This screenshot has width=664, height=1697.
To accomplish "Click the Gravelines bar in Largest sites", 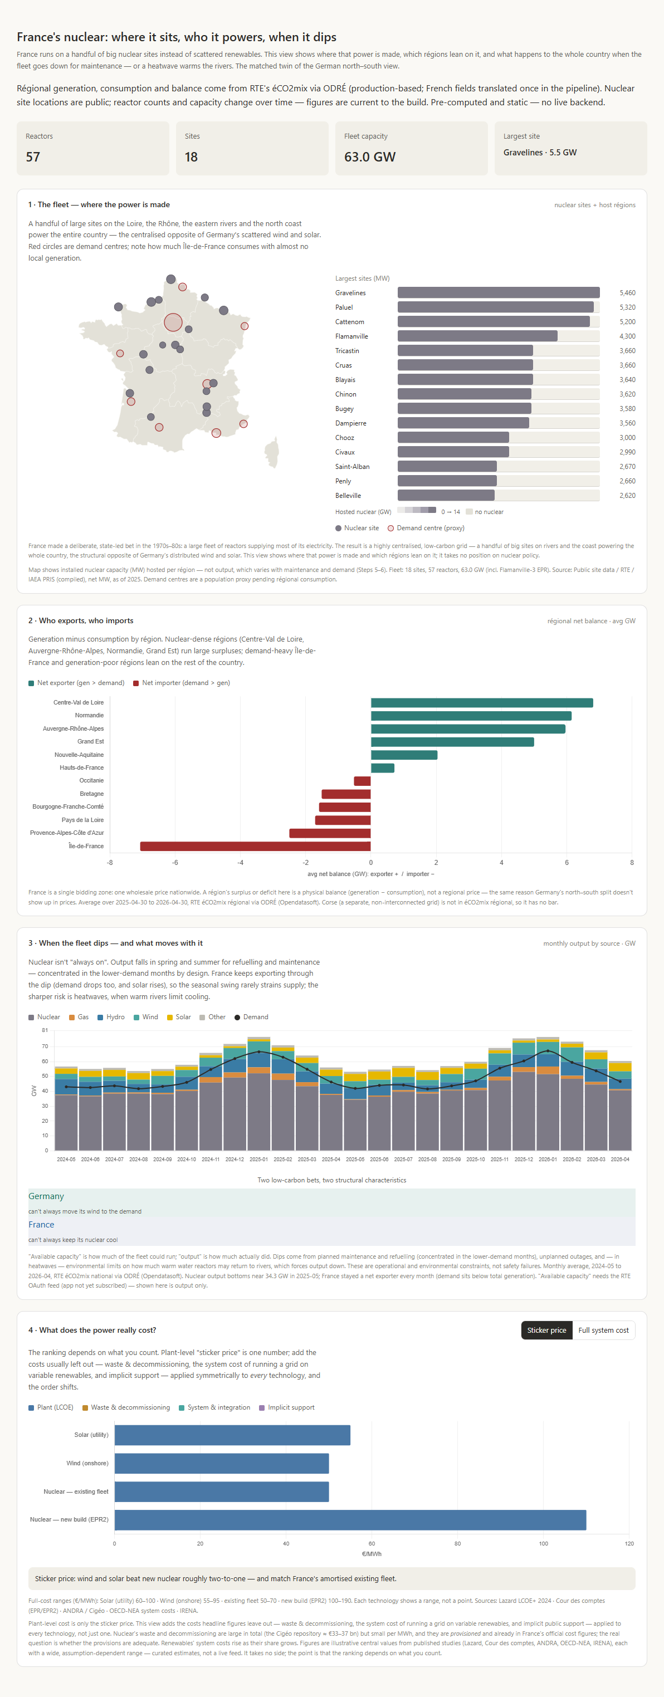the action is [498, 292].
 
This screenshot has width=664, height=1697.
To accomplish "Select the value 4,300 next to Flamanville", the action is [627, 336].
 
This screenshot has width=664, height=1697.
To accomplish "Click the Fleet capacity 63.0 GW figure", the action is [369, 157].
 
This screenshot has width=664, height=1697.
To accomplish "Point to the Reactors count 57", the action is [33, 157].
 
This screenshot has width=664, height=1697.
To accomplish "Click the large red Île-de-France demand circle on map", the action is [173, 322].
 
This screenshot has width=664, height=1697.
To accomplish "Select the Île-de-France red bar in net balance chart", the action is [256, 846].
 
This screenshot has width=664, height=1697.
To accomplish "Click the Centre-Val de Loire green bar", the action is [481, 703].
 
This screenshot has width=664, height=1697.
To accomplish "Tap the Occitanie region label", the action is [91, 781].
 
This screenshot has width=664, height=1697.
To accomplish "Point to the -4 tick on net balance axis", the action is [241, 862].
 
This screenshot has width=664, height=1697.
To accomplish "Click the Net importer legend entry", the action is [181, 683].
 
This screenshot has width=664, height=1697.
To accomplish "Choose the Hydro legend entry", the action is [111, 1017].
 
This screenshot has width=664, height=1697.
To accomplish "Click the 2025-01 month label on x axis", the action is [259, 1160].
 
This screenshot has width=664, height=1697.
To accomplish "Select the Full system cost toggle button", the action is [603, 1330].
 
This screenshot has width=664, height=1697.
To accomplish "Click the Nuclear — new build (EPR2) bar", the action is [350, 1520].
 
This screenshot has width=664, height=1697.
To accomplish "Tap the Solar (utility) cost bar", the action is [232, 1435].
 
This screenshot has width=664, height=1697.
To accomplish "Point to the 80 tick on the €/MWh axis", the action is [457, 1543].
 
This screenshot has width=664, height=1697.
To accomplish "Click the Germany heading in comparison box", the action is [46, 1196].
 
